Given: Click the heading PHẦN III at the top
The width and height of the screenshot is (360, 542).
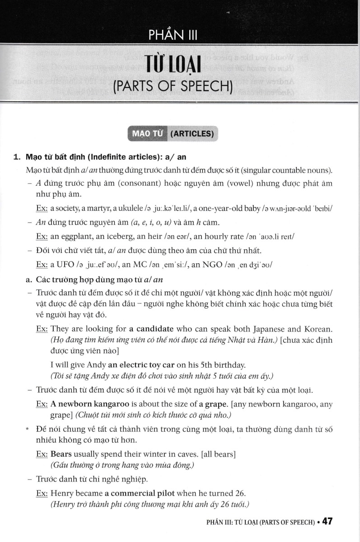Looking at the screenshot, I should (x=173, y=34).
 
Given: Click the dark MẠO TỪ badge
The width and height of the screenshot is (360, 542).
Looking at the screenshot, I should (x=148, y=133).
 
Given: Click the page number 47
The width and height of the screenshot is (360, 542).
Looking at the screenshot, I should (x=327, y=521).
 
